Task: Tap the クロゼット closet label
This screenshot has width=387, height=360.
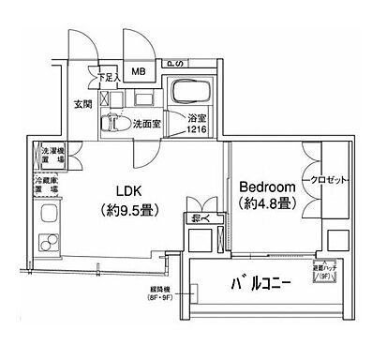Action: (324, 178)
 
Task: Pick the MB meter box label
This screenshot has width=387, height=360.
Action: (139, 72)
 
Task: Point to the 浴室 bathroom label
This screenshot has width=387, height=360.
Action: (195, 118)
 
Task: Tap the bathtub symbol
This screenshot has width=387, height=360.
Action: (192, 94)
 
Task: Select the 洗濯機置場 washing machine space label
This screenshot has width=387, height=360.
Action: (52, 156)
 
